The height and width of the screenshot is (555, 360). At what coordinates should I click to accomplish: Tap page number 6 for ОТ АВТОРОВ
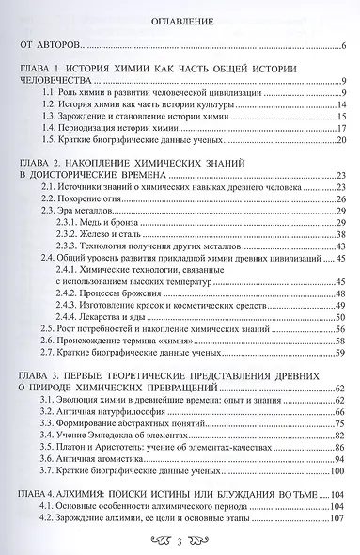coord(344,46)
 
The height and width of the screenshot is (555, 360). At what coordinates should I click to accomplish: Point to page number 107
coord(339,517)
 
